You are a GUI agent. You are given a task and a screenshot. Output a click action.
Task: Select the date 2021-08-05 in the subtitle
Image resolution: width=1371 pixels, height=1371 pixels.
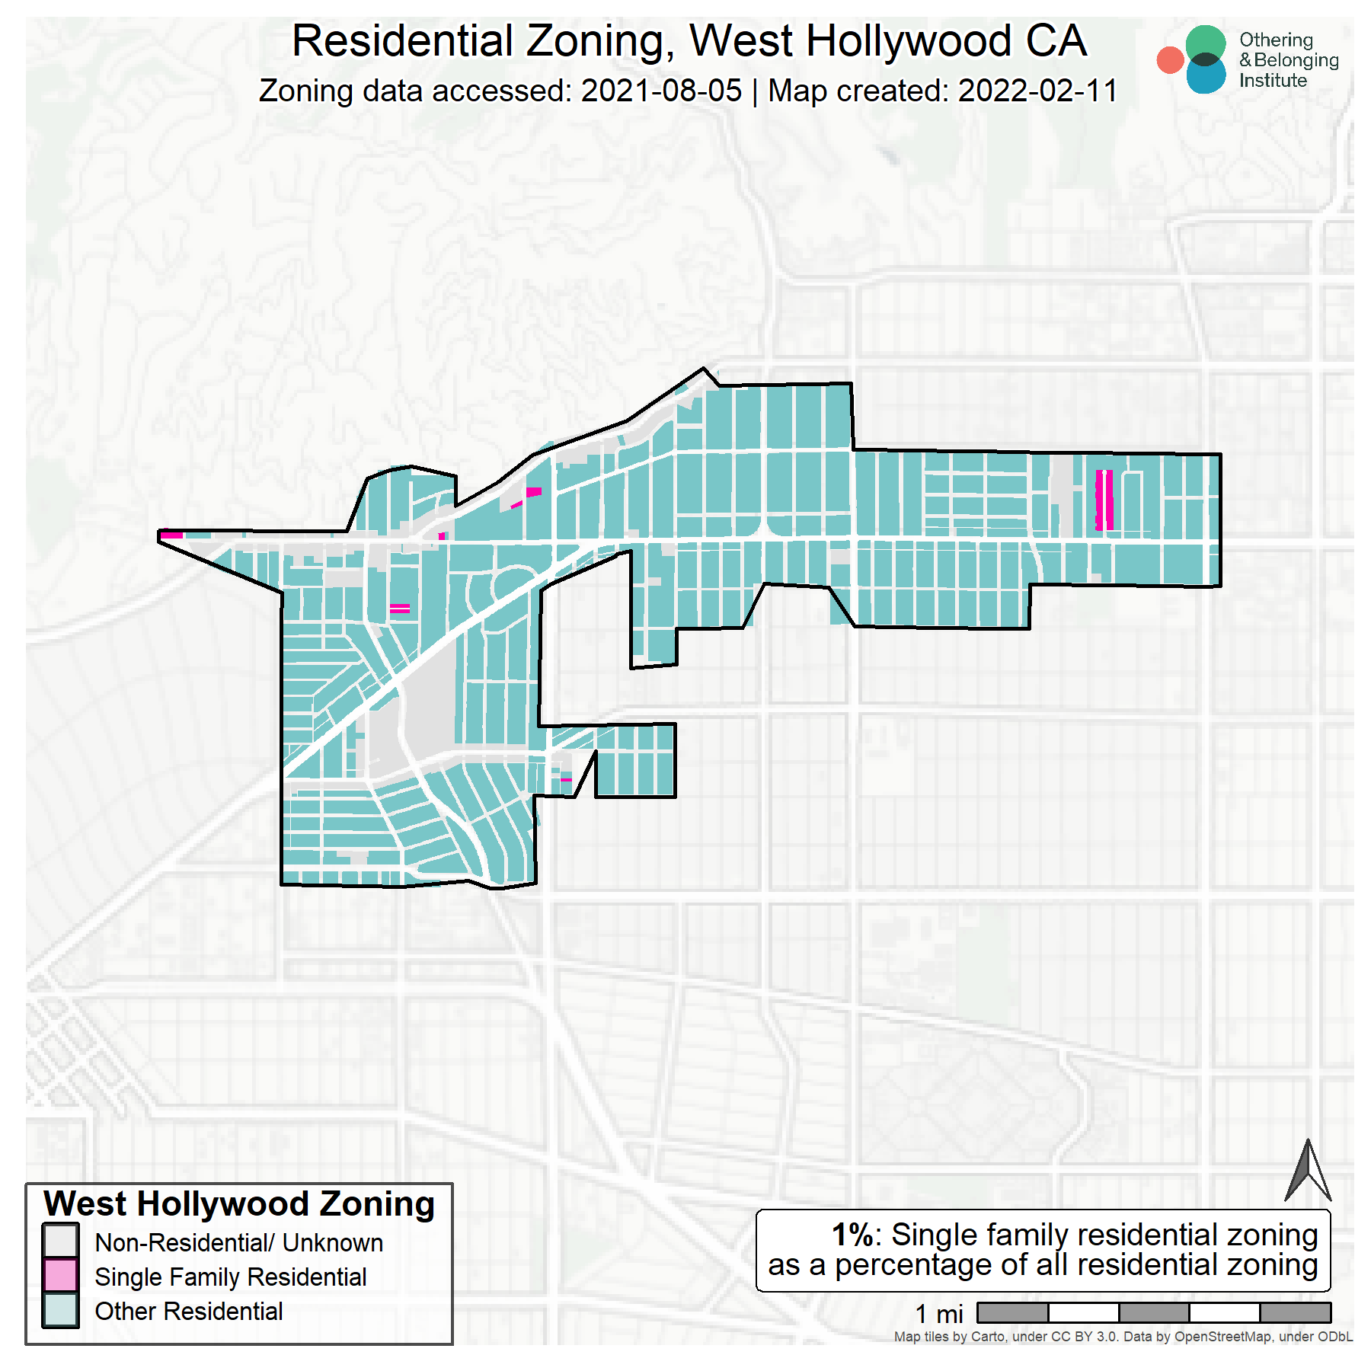pos(661,91)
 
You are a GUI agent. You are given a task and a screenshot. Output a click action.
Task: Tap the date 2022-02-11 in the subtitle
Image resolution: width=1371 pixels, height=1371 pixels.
pos(1037,91)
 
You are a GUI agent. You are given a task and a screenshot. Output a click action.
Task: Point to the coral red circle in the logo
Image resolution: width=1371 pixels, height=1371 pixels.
pos(1169,60)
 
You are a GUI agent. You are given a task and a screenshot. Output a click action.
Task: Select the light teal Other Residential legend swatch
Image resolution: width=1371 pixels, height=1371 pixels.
pos(60,1311)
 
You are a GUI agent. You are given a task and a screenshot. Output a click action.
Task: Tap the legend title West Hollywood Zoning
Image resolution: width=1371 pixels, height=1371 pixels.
pos(239,1204)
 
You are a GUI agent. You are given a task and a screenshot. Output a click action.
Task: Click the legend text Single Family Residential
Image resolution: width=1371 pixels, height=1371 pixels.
pos(230,1277)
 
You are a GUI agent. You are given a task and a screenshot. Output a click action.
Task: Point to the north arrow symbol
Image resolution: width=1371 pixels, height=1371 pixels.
pos(1308,1172)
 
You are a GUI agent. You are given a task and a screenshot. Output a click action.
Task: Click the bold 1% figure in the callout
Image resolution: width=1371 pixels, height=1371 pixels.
pos(852,1235)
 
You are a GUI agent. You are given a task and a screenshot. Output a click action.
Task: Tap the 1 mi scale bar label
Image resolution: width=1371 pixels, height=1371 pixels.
pos(938,1314)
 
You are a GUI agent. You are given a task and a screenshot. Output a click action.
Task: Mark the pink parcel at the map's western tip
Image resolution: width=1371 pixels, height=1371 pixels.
pos(171,535)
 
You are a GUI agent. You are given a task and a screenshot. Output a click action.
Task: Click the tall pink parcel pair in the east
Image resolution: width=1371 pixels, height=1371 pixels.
pos(1104,500)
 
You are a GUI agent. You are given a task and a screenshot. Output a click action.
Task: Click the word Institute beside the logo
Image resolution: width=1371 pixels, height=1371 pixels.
pos(1272,81)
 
